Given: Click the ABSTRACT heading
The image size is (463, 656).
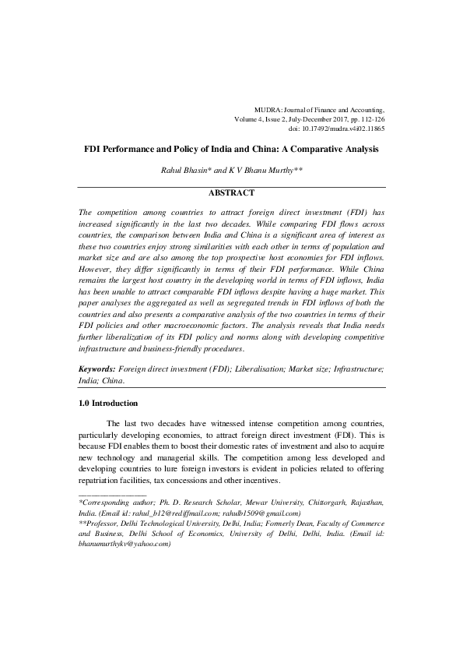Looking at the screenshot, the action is [231, 191].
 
